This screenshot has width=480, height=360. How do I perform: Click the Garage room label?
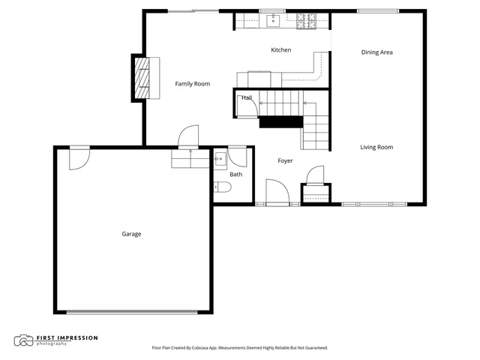(131, 234)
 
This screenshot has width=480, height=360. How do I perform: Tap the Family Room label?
(192, 84)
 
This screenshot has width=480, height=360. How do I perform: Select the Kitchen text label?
(280, 50)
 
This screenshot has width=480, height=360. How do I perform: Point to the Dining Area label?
(376, 52)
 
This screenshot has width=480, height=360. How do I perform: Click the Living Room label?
(376, 147)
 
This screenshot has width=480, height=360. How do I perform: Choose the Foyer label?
(285, 160)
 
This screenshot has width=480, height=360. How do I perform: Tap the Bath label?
(235, 175)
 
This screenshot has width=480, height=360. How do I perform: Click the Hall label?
(247, 98)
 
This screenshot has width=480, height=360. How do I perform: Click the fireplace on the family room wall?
(139, 77)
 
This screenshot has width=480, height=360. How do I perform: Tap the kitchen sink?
(273, 19)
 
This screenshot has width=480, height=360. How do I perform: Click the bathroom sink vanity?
(220, 159)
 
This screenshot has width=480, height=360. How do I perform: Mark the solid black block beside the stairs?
(279, 122)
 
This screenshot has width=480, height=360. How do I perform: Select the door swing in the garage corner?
(79, 157)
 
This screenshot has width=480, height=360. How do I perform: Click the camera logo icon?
(23, 340)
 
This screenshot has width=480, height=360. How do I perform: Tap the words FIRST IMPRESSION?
(67, 337)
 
